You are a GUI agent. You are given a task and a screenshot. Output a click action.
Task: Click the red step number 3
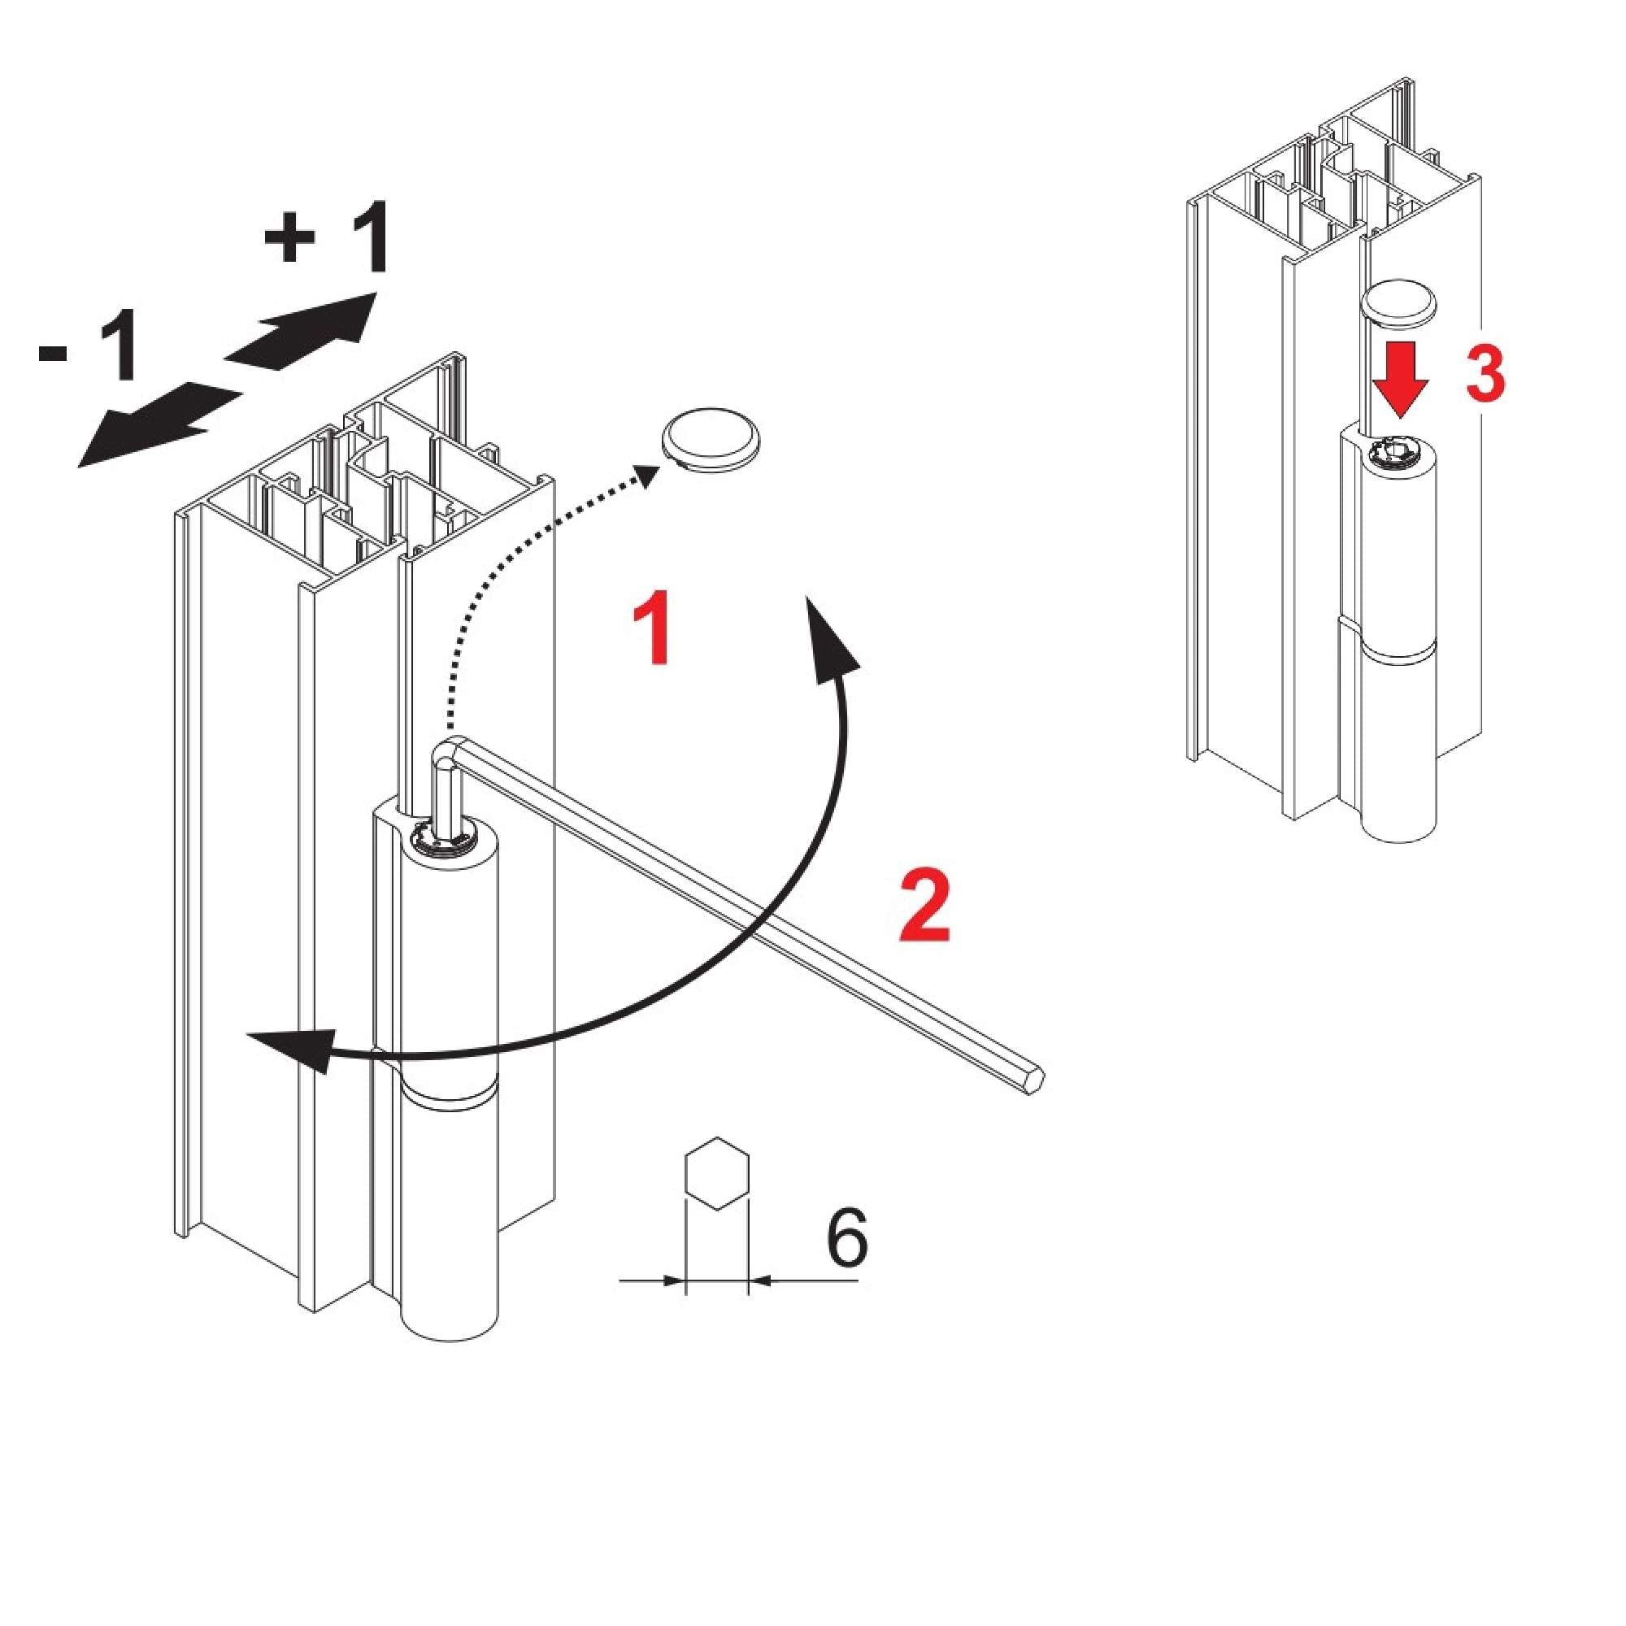1485,373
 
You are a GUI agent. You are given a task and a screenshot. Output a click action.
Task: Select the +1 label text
327,238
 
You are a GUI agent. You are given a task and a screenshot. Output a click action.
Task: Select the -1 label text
89,348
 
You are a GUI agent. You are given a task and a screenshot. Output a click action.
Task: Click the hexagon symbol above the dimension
716,1174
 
